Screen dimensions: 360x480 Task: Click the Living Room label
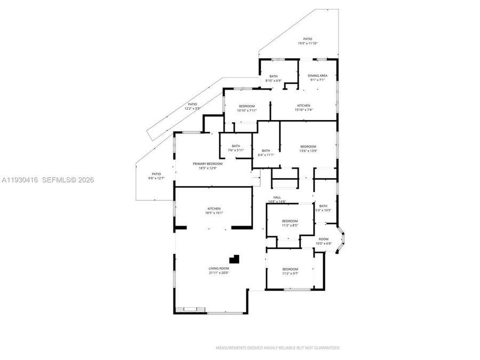(x=219, y=268)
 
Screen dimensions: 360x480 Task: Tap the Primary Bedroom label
(x=207, y=164)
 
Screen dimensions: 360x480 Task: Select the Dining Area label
(x=317, y=76)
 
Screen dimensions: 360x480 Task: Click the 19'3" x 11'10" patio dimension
(x=308, y=43)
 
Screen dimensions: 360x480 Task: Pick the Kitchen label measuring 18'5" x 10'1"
(x=214, y=209)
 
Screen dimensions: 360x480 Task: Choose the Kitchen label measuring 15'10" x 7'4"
(x=303, y=106)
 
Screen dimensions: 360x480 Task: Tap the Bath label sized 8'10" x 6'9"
(x=274, y=76)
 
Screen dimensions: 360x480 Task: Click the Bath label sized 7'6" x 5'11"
(x=235, y=146)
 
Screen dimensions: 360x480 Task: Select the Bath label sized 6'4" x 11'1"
(x=266, y=150)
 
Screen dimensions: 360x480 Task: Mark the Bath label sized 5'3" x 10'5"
(x=323, y=206)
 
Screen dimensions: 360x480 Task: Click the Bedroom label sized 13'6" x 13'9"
(x=308, y=147)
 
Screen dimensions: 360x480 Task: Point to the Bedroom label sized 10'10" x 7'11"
(x=247, y=106)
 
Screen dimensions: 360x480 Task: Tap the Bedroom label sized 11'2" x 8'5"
(x=290, y=221)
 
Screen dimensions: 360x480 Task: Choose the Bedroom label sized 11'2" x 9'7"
(x=290, y=269)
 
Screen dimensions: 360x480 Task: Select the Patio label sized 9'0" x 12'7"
(x=156, y=174)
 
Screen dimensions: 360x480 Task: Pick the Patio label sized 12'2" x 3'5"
(x=192, y=105)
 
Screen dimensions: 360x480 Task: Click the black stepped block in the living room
(x=235, y=259)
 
